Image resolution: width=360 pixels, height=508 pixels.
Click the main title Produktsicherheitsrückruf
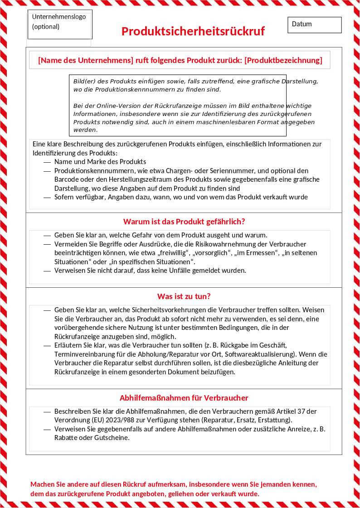pyautogui.click(x=193, y=31)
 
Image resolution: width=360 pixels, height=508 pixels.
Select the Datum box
pyautogui.click(x=314, y=24)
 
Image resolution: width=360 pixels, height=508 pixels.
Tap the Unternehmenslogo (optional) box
pyautogui.click(x=59, y=24)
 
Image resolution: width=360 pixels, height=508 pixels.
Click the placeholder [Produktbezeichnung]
pyautogui.click(x=283, y=60)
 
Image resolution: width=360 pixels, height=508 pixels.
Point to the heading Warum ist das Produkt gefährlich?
pyautogui.click(x=184, y=222)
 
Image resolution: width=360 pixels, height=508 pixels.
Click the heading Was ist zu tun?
pyautogui.click(x=184, y=296)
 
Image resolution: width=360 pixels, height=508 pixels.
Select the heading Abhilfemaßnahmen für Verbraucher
pyautogui.click(x=184, y=398)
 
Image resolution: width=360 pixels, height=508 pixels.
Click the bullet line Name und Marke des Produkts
pyautogui.click(x=100, y=162)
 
